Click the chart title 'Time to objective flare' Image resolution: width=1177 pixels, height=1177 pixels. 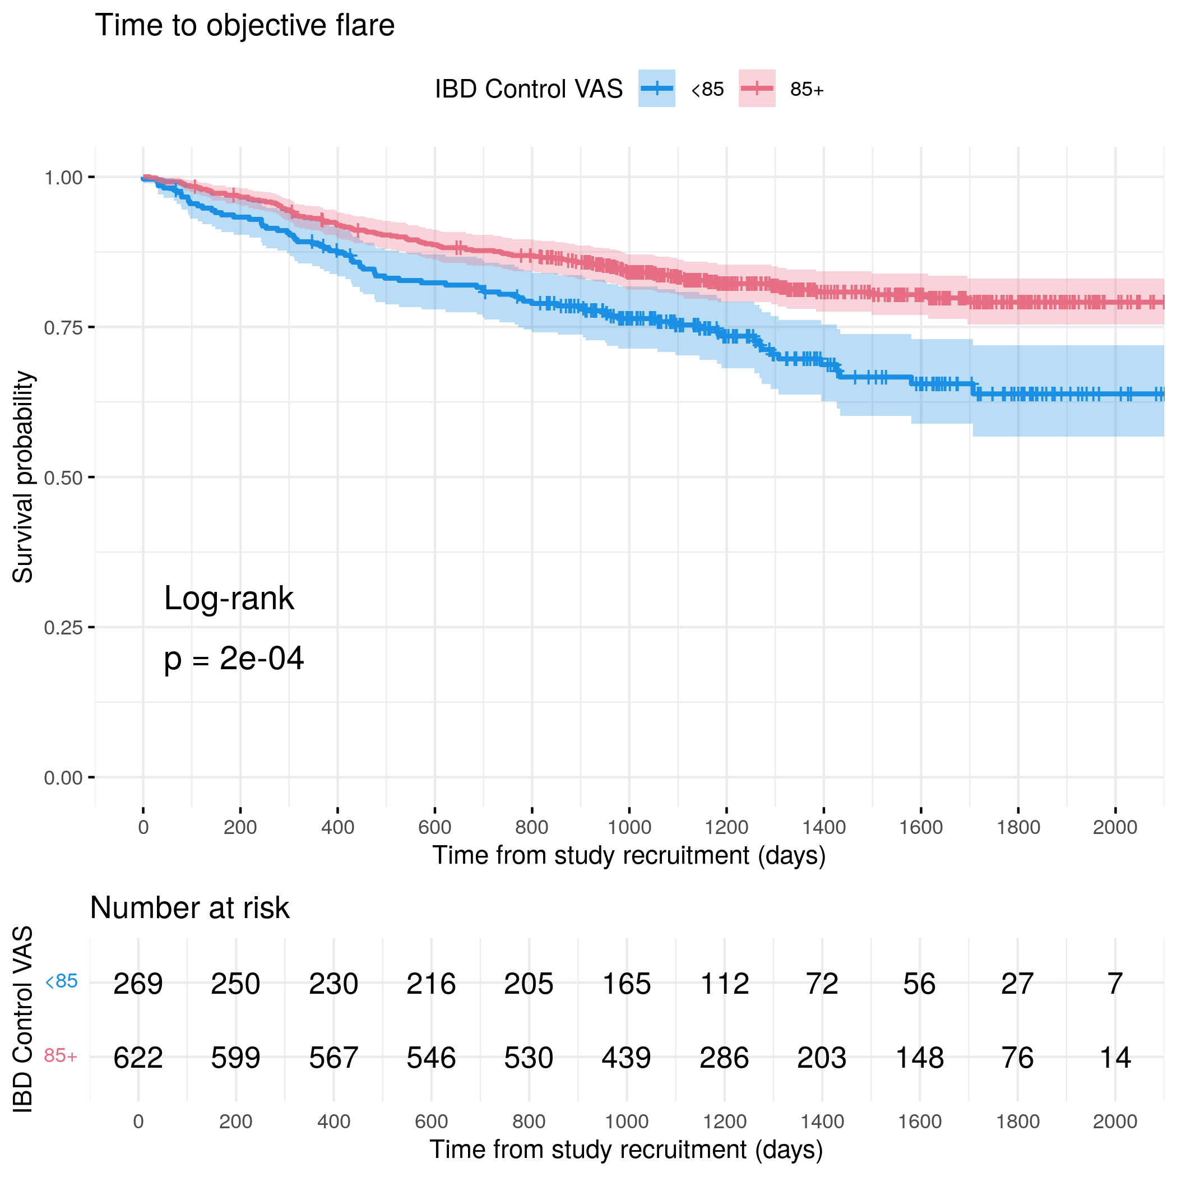(x=244, y=26)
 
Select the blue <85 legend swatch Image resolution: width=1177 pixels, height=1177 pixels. (x=656, y=89)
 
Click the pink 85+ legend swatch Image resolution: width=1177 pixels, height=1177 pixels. (x=757, y=89)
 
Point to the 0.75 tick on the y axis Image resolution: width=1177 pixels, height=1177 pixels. (x=63, y=328)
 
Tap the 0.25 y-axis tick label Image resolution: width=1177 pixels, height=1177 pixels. (x=63, y=628)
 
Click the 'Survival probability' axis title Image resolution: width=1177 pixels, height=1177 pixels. (x=23, y=477)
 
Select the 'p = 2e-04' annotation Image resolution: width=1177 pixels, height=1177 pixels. (x=233, y=659)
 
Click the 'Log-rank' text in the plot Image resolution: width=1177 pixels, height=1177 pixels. (x=229, y=598)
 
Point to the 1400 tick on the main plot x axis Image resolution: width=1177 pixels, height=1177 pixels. (x=824, y=827)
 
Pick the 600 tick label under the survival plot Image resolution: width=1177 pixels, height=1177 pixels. (x=434, y=827)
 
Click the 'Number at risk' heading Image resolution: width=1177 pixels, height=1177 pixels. (x=189, y=909)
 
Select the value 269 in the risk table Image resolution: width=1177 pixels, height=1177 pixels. (x=138, y=984)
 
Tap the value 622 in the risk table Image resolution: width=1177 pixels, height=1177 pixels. (x=138, y=1058)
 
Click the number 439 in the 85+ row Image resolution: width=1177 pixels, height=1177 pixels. (x=626, y=1058)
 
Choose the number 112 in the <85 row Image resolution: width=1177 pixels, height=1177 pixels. (x=724, y=984)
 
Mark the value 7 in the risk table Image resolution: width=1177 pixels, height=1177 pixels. (x=1115, y=984)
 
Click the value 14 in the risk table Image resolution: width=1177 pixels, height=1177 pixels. (x=1115, y=1058)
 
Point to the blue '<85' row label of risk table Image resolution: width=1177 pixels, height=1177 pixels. (x=62, y=981)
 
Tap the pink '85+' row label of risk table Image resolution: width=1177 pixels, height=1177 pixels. (x=61, y=1056)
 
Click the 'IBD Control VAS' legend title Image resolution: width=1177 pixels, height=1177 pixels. (x=528, y=89)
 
